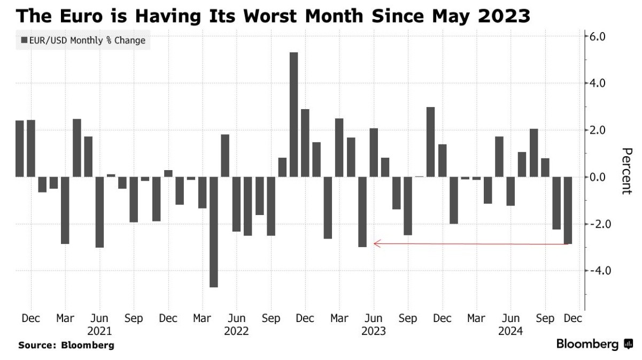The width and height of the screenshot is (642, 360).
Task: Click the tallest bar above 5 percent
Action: pos(293,114)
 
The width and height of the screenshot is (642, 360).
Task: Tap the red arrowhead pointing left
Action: pos(376,244)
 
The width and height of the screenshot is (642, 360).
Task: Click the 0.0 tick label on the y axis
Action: pos(597,177)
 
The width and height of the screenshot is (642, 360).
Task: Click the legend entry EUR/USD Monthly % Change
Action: pos(83,40)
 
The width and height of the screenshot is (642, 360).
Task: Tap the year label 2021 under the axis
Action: pos(99,331)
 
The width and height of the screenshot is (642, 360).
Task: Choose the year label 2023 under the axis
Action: pos(374,331)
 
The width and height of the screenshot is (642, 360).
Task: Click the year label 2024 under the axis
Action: pos(511,331)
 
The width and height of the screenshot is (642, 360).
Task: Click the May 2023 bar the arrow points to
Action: pos(362,212)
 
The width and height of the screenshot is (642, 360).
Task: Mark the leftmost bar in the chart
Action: pos(20,149)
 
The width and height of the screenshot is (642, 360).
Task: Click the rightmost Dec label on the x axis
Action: pos(571,318)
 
